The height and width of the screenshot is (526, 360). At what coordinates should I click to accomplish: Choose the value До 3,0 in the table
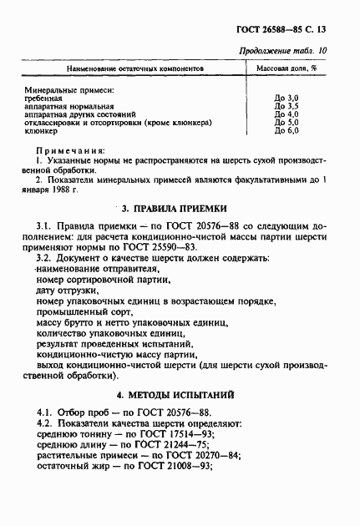coord(286,99)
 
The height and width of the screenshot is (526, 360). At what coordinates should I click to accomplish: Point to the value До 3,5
coord(286,107)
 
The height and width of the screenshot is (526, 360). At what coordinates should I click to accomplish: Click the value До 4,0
coord(286,114)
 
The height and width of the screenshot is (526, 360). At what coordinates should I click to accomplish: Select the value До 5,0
coord(286,123)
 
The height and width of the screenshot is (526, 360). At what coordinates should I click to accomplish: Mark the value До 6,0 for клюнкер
coord(286,131)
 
